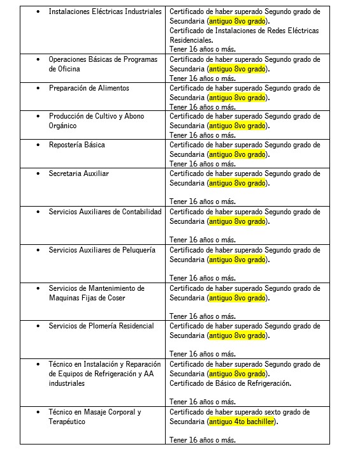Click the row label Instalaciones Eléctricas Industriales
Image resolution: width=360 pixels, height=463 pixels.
pos(105,12)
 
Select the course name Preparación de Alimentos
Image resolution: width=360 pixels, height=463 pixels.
pos(89,88)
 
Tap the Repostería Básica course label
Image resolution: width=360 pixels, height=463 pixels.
pos(76,145)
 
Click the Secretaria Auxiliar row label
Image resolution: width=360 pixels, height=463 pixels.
pos(78,173)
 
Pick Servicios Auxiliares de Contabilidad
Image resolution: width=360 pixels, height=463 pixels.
pos(105,212)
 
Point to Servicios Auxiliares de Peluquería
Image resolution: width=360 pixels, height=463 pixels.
pos(102,250)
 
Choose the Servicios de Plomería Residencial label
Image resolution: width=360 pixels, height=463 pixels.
pos(101,326)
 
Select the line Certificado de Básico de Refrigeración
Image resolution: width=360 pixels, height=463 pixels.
pos(230,383)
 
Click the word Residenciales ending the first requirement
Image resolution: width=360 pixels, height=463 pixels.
pos(191,40)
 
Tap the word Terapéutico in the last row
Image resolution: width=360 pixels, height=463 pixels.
pos(68,422)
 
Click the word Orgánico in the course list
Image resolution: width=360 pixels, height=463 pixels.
pos(63,126)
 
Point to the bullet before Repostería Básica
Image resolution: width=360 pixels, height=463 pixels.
pos(38,145)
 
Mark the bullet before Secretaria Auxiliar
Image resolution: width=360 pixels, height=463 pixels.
pos(38,173)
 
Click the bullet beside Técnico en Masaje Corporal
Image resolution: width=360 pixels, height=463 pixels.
pos(38,413)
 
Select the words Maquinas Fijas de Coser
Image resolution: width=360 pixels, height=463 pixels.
pos(87,298)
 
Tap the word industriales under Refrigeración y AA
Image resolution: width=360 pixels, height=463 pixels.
pos(66,384)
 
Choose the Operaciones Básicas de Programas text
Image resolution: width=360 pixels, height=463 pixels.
pos(103,59)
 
